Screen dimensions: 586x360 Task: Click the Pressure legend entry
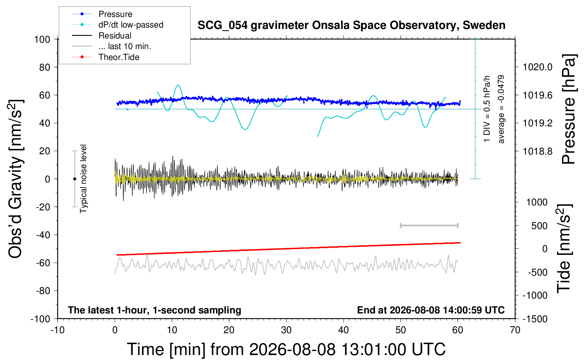coord(102,14)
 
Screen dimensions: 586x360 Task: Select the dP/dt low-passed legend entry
coord(118,25)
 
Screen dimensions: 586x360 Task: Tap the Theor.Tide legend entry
coord(106,57)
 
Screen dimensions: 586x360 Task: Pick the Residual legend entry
coord(102,36)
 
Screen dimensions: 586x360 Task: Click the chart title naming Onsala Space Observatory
coord(351,25)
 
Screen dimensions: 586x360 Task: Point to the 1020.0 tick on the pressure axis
coord(537,67)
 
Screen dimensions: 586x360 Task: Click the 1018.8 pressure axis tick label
coord(537,151)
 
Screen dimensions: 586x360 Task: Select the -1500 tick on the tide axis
coord(535,319)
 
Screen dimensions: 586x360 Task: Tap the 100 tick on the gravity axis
coord(42,40)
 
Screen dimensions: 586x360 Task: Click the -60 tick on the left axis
coord(43,263)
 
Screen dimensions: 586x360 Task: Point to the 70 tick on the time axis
coord(515,330)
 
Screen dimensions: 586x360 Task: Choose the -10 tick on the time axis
coord(58,330)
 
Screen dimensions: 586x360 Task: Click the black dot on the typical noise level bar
coord(74,179)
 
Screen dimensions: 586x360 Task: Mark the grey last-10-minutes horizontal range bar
coord(429,226)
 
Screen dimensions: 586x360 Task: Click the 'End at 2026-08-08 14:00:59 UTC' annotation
coord(431,310)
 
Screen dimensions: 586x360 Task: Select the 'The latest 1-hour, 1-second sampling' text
coord(154,310)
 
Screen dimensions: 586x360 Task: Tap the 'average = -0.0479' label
coord(501,109)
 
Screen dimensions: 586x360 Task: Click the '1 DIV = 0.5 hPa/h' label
coord(486,109)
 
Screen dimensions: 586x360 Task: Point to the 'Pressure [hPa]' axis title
coord(569,109)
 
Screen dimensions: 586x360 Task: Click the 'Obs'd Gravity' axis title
coord(16,179)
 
